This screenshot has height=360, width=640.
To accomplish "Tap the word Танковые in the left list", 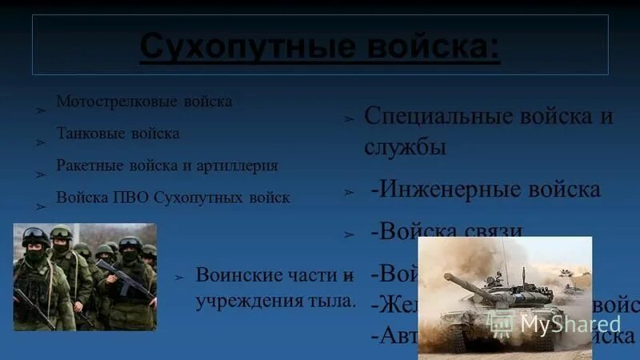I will (86, 134).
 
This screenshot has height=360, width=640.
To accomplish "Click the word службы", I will (405, 147).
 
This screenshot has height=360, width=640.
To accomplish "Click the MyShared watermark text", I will (570, 324).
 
